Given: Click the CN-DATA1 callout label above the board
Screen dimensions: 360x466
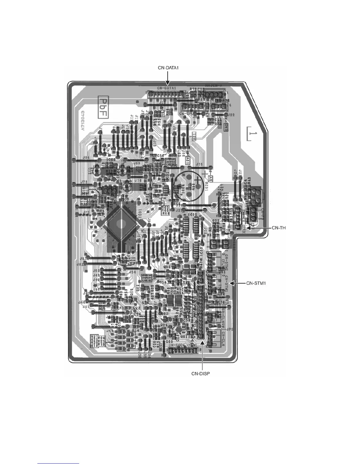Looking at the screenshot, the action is tap(167, 68).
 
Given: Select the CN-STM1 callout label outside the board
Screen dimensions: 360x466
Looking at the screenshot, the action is tap(256, 283).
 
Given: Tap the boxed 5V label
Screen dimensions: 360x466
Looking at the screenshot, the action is tap(210, 179).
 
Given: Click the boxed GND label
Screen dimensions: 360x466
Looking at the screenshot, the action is tap(226, 127).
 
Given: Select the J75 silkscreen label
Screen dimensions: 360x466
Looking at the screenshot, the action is tap(199, 164).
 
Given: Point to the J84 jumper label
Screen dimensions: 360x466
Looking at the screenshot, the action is tap(86, 158).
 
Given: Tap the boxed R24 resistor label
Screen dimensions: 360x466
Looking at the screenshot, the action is tap(101, 337).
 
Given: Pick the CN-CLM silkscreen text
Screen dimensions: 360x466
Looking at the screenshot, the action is tap(224, 337).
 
